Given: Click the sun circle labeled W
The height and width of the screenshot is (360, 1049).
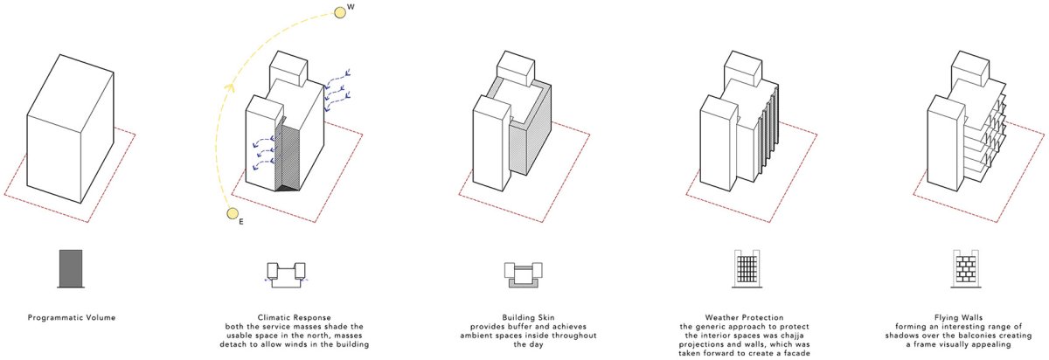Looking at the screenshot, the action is point(339,12).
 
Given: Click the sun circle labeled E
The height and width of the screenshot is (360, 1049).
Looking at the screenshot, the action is point(233,214).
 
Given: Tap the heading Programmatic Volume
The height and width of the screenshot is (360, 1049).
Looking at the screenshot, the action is point(72,317).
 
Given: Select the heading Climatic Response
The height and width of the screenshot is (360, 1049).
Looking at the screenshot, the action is point(294,317).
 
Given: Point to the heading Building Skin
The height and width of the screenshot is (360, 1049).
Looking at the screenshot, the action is point(528,317).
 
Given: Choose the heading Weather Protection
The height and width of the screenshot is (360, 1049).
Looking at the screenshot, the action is point(744,317).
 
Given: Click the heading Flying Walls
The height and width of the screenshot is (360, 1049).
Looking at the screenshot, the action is point(958,317).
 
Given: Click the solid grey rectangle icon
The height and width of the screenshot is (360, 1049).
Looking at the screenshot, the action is point(71,268).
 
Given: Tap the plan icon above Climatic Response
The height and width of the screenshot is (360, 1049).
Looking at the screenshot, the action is point(286,274).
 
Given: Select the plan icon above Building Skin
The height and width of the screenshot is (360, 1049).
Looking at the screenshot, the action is point(523,274).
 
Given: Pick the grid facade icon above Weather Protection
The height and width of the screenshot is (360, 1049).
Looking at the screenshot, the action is point(747,268).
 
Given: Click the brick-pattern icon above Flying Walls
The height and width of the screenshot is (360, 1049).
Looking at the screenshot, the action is point(966,268).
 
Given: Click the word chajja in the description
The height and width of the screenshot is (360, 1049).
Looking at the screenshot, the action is point(791,336).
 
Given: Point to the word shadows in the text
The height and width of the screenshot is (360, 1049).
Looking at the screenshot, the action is point(901,336).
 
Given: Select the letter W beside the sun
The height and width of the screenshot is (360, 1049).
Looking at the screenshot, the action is point(351,8).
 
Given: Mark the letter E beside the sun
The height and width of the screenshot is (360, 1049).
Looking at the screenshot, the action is point(241,222).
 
